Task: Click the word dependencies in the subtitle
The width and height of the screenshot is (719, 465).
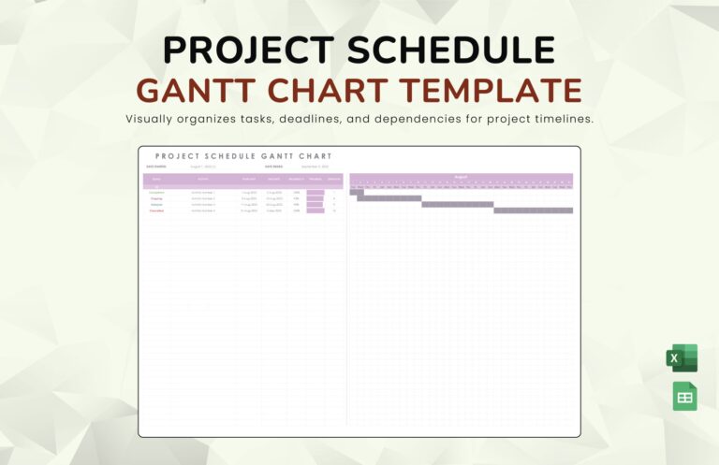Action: pyautogui.click(x=412, y=119)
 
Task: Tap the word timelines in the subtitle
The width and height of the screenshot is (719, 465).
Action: pyautogui.click(x=562, y=119)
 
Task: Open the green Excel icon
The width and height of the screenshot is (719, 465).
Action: pyautogui.click(x=682, y=358)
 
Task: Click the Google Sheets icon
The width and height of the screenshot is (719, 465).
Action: pyautogui.click(x=684, y=397)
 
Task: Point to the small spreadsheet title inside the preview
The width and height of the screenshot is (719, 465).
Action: pyautogui.click(x=243, y=156)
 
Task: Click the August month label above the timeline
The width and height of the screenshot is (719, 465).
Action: pyautogui.click(x=461, y=176)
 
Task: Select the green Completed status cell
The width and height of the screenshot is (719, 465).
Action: pyautogui.click(x=156, y=192)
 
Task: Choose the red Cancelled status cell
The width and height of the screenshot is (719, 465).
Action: pyautogui.click(x=156, y=211)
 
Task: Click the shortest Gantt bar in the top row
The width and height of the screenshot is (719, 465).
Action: pyautogui.click(x=357, y=192)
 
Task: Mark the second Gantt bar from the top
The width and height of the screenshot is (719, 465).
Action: pyautogui.click(x=389, y=198)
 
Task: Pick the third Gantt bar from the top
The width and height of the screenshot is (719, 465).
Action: pyautogui.click(x=458, y=204)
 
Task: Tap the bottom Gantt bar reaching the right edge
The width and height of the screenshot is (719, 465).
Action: pyautogui.click(x=533, y=211)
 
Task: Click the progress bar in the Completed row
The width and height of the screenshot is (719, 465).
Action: pyautogui.click(x=315, y=192)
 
